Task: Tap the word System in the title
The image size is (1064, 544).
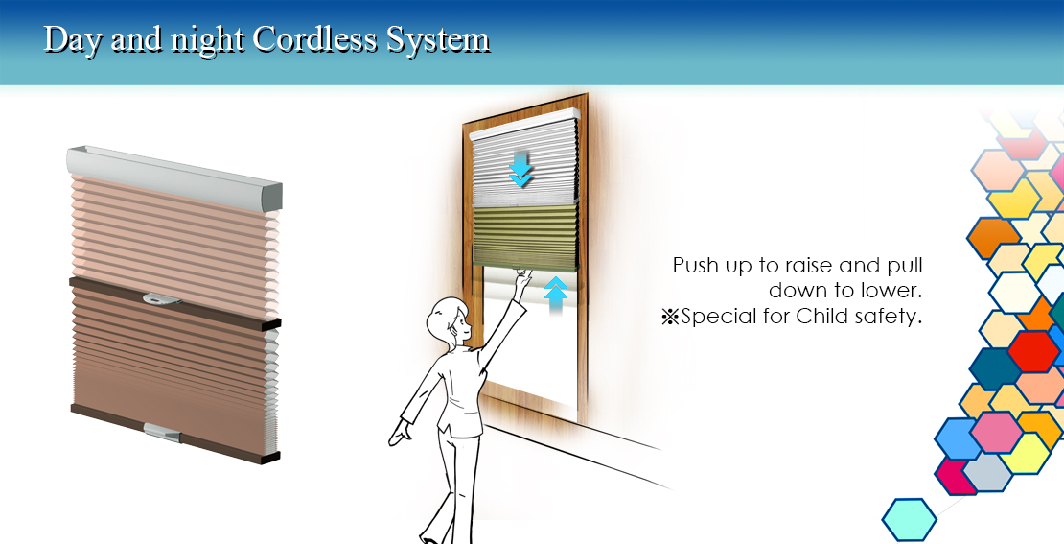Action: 438,40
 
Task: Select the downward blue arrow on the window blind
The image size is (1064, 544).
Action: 520,170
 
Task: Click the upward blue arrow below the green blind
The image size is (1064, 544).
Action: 556,296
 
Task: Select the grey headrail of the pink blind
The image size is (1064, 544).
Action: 174,175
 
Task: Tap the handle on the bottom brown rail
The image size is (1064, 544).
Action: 162,431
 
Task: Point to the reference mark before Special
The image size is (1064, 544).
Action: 670,318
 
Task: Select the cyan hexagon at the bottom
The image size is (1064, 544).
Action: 910,520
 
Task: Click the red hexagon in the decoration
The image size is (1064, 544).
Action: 1032,351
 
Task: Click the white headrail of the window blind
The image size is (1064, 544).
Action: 524,124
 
